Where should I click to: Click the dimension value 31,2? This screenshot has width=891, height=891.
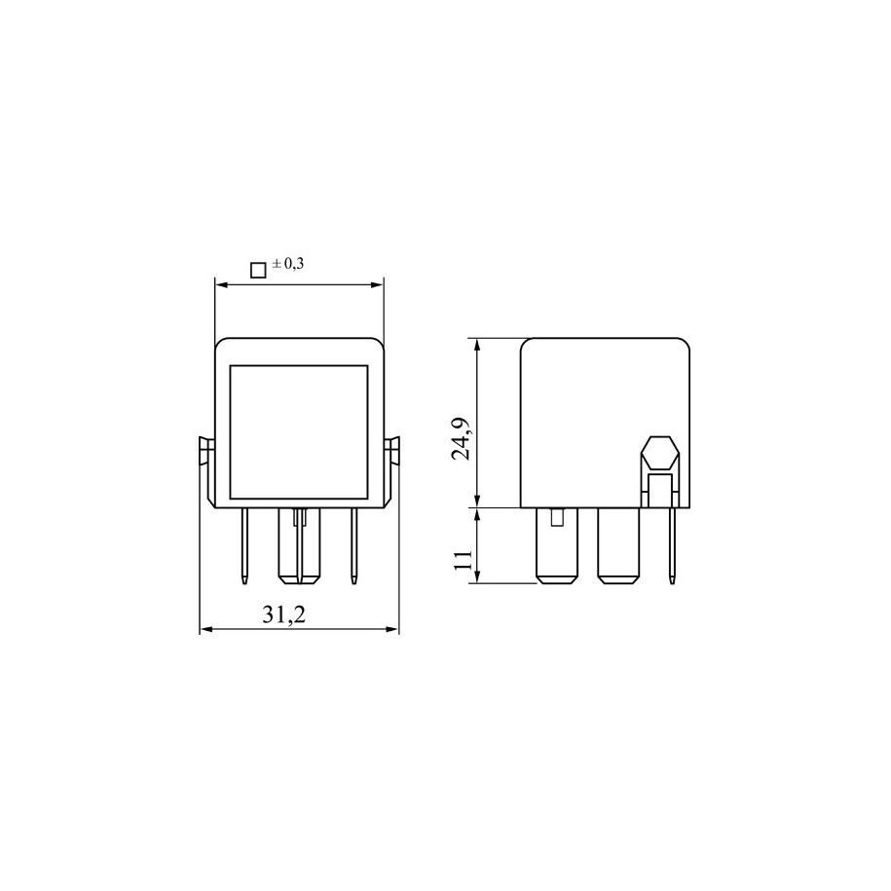pyautogui.click(x=283, y=614)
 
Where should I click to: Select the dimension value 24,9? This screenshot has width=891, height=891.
pyautogui.click(x=461, y=438)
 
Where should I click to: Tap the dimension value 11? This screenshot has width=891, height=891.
pyautogui.click(x=464, y=560)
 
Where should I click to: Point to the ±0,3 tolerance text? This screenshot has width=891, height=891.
pyautogui.click(x=288, y=263)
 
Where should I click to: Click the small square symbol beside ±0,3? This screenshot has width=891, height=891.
pyautogui.click(x=259, y=270)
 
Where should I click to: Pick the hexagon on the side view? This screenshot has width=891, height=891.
pyautogui.click(x=659, y=455)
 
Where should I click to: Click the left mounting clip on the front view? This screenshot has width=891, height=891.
pyautogui.click(x=206, y=470)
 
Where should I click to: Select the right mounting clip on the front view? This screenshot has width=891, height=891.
pyautogui.click(x=391, y=470)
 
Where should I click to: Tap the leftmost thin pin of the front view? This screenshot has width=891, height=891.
pyautogui.click(x=245, y=545)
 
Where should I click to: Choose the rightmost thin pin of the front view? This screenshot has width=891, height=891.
pyautogui.click(x=353, y=545)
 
